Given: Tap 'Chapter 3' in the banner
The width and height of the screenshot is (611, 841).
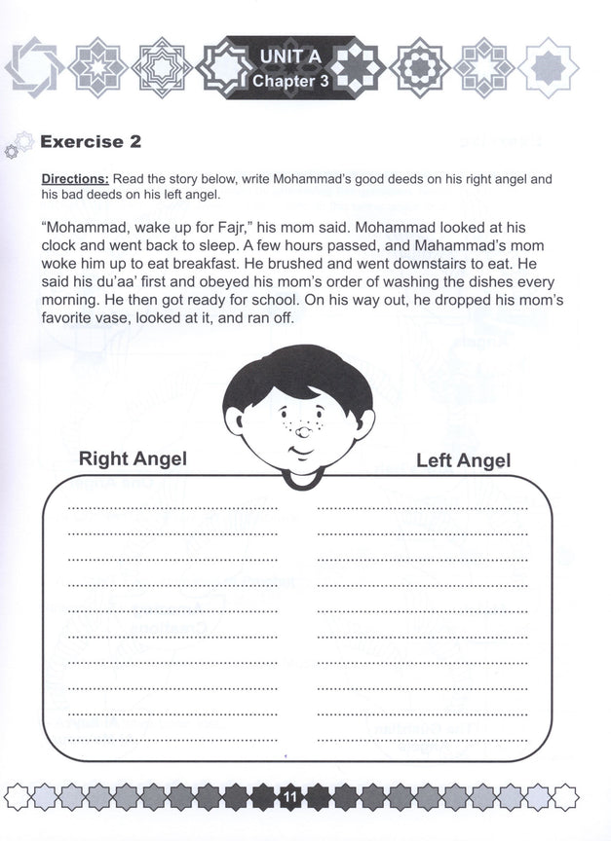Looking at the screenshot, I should (x=289, y=81).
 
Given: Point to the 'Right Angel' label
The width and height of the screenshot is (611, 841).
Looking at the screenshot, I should (x=133, y=457).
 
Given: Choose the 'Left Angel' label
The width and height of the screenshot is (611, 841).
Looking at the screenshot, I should (x=463, y=459).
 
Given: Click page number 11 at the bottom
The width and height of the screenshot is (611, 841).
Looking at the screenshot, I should (x=289, y=798).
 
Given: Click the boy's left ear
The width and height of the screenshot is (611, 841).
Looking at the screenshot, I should (x=234, y=420).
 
